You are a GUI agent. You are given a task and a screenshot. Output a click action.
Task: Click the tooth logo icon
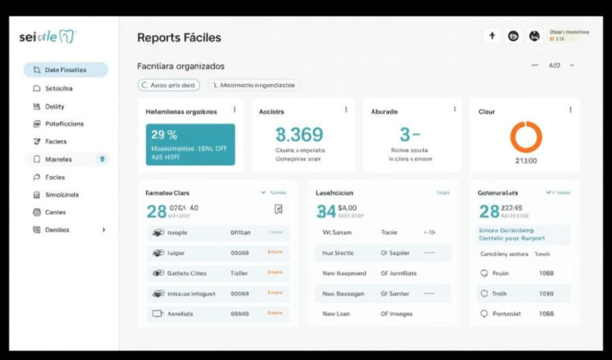pyautogui.click(x=67, y=36)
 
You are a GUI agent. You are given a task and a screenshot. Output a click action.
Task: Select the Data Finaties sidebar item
pyautogui.click(x=65, y=70)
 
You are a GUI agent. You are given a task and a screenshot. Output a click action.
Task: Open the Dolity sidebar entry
pyautogui.click(x=54, y=106)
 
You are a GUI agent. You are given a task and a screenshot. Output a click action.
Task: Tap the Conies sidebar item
pyautogui.click(x=55, y=212)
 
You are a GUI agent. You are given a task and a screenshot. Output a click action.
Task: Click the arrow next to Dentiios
pyautogui.click(x=103, y=230)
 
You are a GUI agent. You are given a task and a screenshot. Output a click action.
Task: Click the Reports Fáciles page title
pyautogui.click(x=179, y=38)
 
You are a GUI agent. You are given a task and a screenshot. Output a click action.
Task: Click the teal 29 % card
pyautogui.click(x=190, y=144)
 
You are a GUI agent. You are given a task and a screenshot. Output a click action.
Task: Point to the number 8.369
pyautogui.click(x=300, y=134)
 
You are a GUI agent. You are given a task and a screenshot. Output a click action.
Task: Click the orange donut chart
pyautogui.click(x=525, y=137)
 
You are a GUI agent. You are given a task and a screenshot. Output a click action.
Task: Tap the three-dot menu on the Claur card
pyautogui.click(x=570, y=109)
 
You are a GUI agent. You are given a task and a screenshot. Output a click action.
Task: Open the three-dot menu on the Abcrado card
pyautogui.click(x=454, y=109)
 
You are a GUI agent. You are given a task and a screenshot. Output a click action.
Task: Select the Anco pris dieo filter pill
pyautogui.click(x=169, y=85)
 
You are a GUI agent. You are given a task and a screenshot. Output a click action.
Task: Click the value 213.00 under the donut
pyautogui.click(x=525, y=161)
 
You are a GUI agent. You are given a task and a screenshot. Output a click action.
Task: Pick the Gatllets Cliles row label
pyautogui.click(x=187, y=273)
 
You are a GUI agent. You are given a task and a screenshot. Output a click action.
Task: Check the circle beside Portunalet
pyautogui.click(x=484, y=314)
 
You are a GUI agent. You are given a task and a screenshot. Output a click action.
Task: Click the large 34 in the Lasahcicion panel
pyautogui.click(x=326, y=211)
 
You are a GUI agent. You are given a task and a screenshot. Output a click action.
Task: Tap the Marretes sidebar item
pyautogui.click(x=58, y=159)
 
